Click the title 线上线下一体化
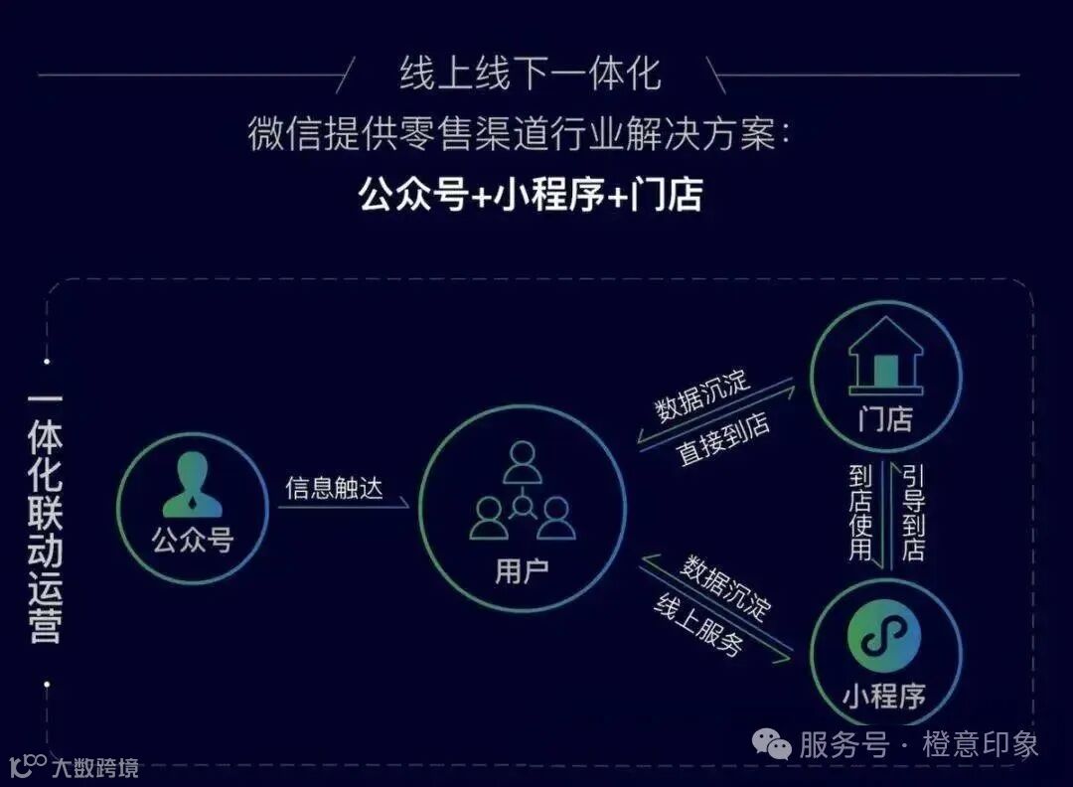(x=531, y=74)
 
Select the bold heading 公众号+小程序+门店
(x=531, y=195)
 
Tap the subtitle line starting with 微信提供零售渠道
(x=521, y=133)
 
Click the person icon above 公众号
(x=192, y=485)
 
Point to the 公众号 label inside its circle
(x=192, y=541)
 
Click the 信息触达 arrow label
(x=334, y=487)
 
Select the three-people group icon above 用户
(x=523, y=491)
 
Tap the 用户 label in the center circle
(x=522, y=571)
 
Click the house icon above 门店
(x=885, y=356)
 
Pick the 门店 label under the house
(x=885, y=419)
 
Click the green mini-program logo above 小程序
(x=884, y=637)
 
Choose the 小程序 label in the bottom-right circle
(x=884, y=696)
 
